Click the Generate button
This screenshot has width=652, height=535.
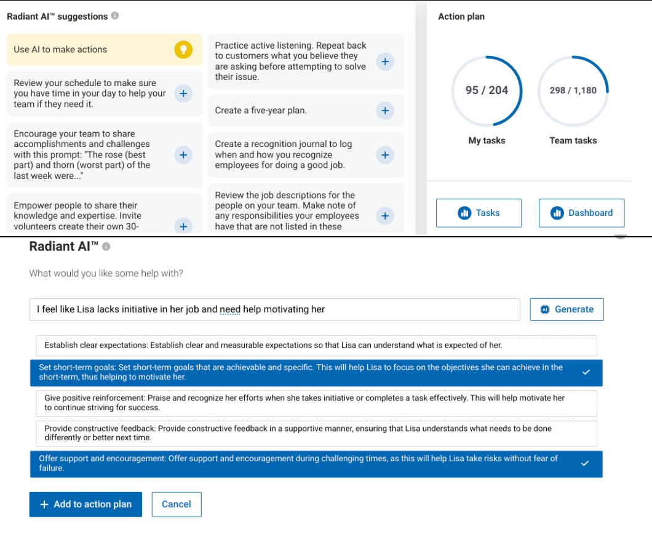coord(567,309)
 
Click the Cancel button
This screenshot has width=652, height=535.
coord(177,504)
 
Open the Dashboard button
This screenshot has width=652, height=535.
coord(581,213)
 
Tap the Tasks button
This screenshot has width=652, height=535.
coord(479,213)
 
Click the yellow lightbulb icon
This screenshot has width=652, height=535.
coord(183,50)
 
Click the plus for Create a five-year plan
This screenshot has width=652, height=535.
coord(384,111)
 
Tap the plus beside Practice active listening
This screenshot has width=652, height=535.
coord(384,61)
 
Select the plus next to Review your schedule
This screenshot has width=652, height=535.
coord(183,93)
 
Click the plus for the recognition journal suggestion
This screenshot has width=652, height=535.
coord(384,155)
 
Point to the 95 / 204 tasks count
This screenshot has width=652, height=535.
coord(487,90)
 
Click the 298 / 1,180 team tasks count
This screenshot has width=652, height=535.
coord(573,90)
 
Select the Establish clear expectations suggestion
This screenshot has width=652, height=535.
coord(313,346)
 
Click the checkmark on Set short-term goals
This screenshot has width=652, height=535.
coord(586,373)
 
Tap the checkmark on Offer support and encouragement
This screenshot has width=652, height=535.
coord(586,464)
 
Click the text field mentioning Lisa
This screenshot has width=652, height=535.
coord(274,309)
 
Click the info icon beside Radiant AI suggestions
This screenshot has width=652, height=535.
coord(115,17)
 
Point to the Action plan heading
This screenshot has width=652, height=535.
coord(461,17)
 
